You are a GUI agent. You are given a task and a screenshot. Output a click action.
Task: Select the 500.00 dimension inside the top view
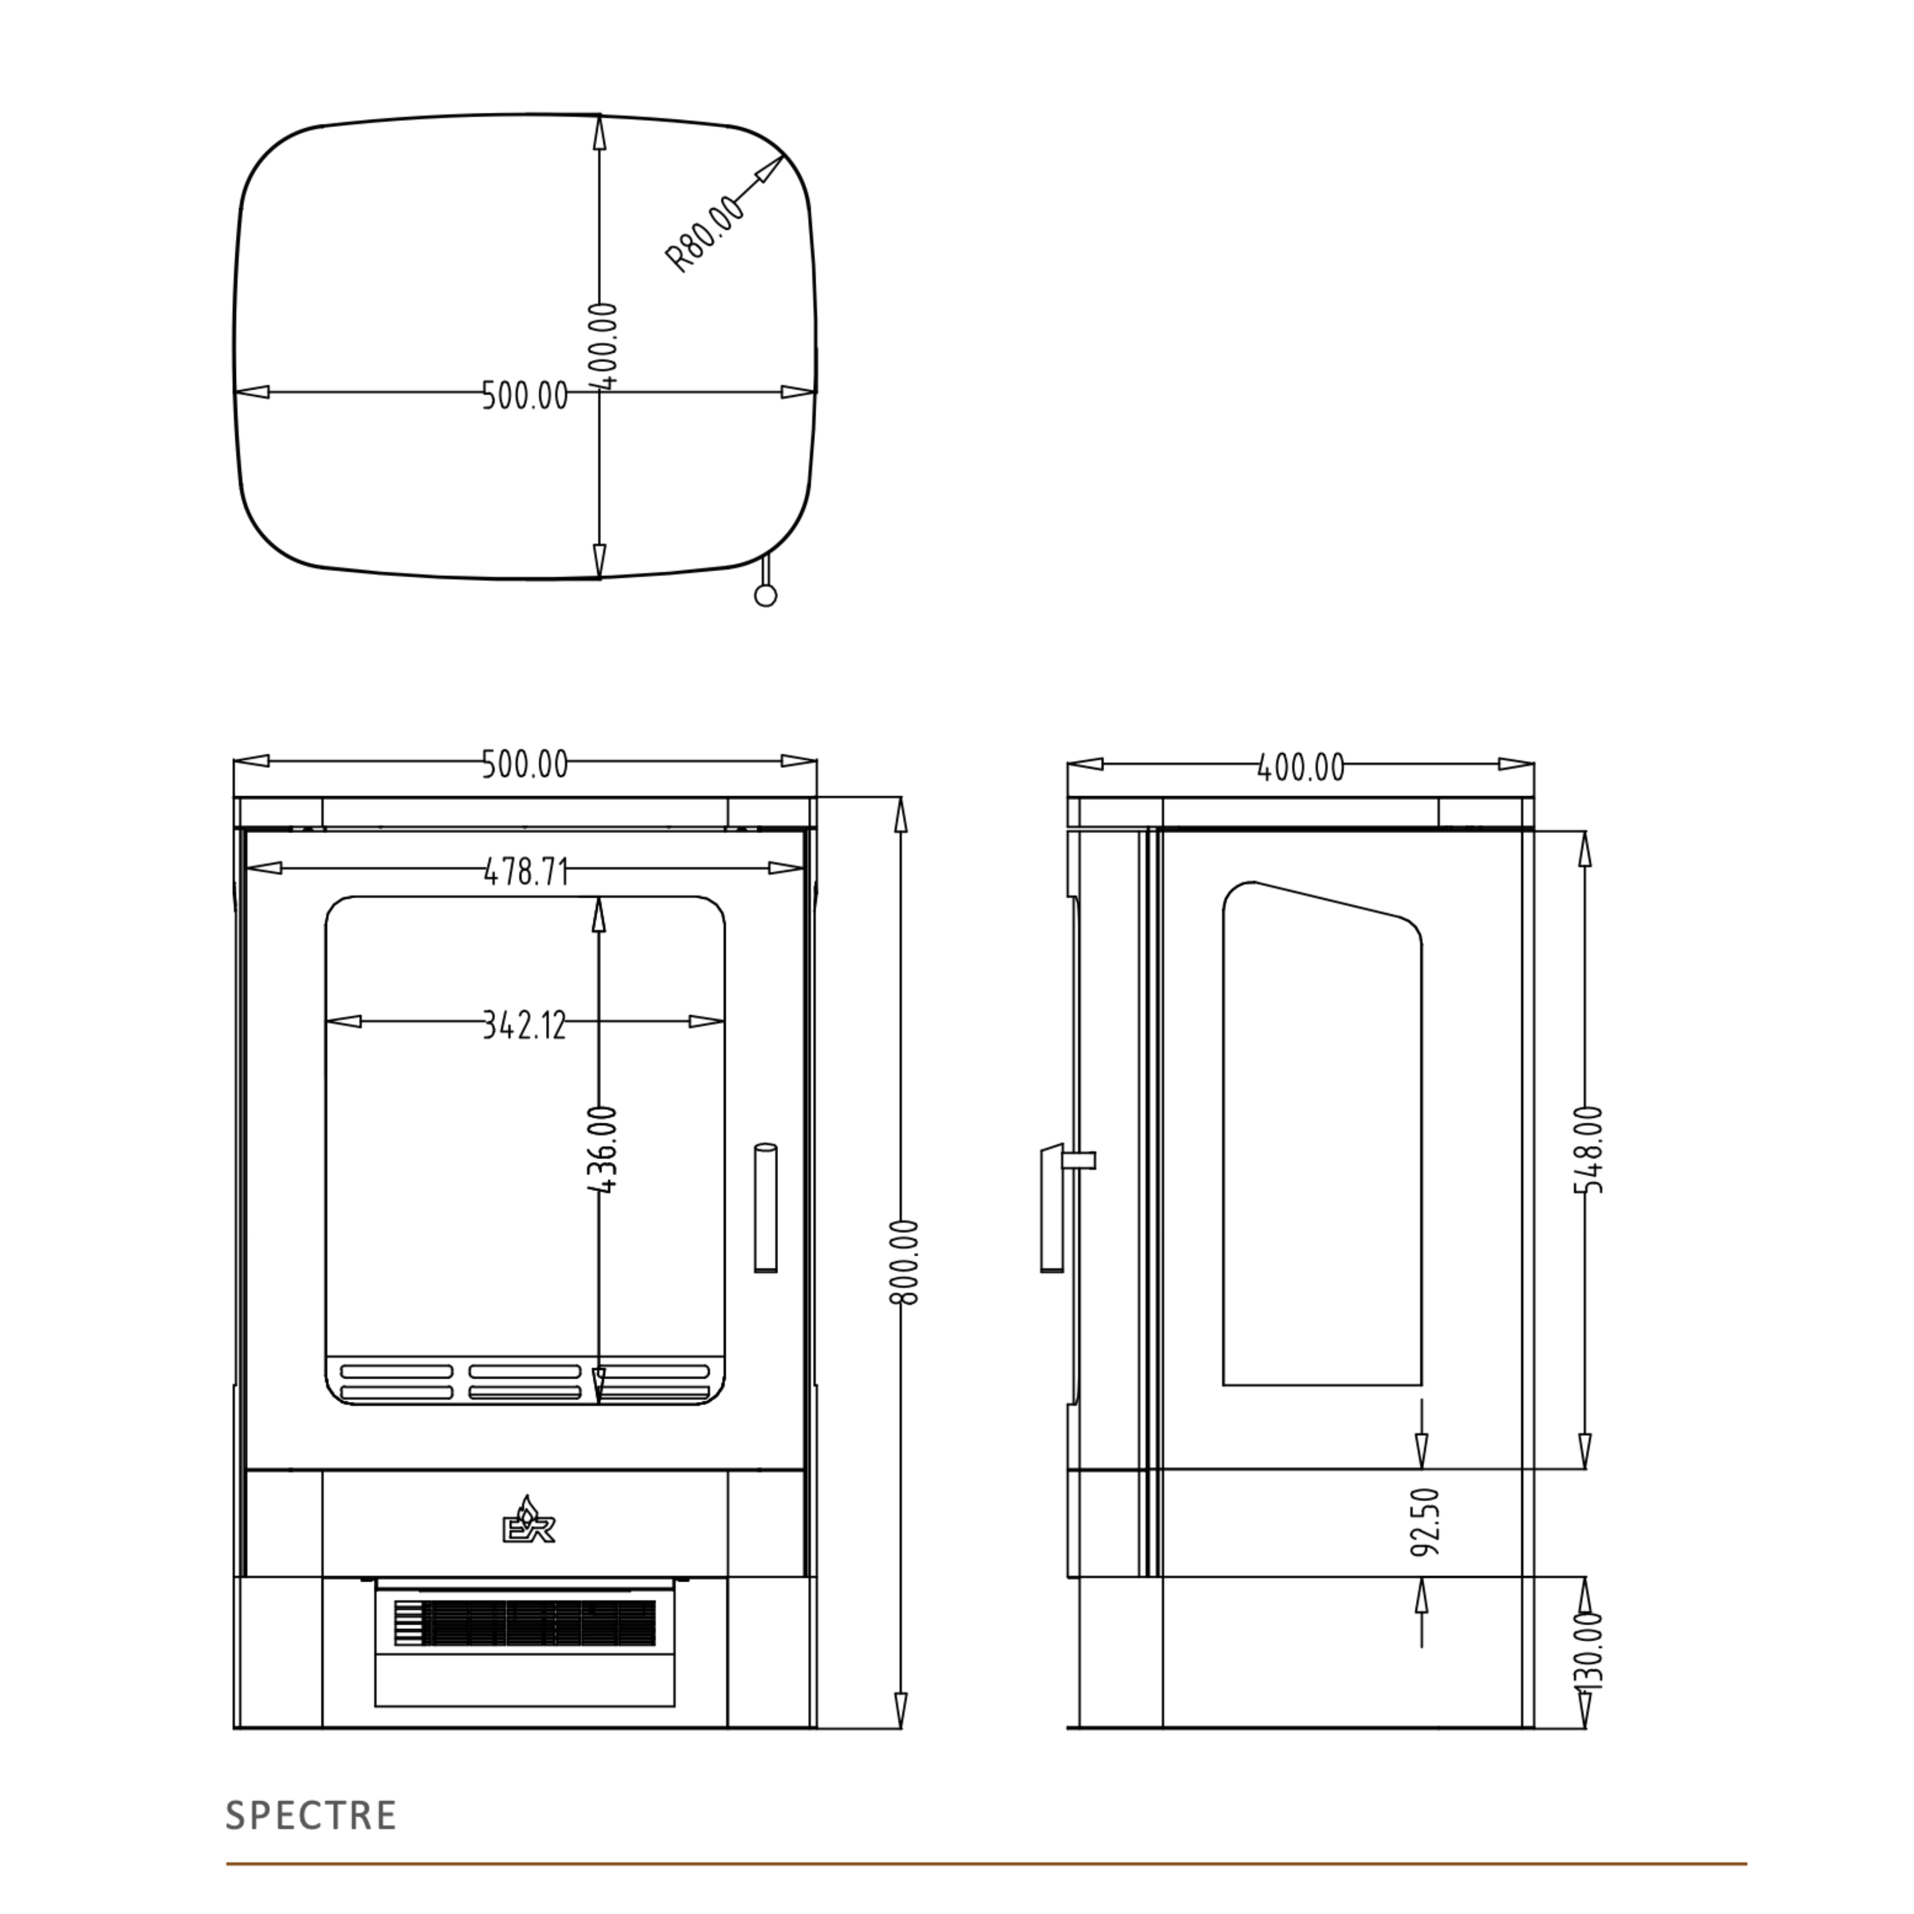[525, 395]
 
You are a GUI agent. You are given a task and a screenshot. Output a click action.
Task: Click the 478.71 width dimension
[526, 872]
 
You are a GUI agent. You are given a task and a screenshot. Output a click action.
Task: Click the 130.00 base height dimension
[1589, 1650]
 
